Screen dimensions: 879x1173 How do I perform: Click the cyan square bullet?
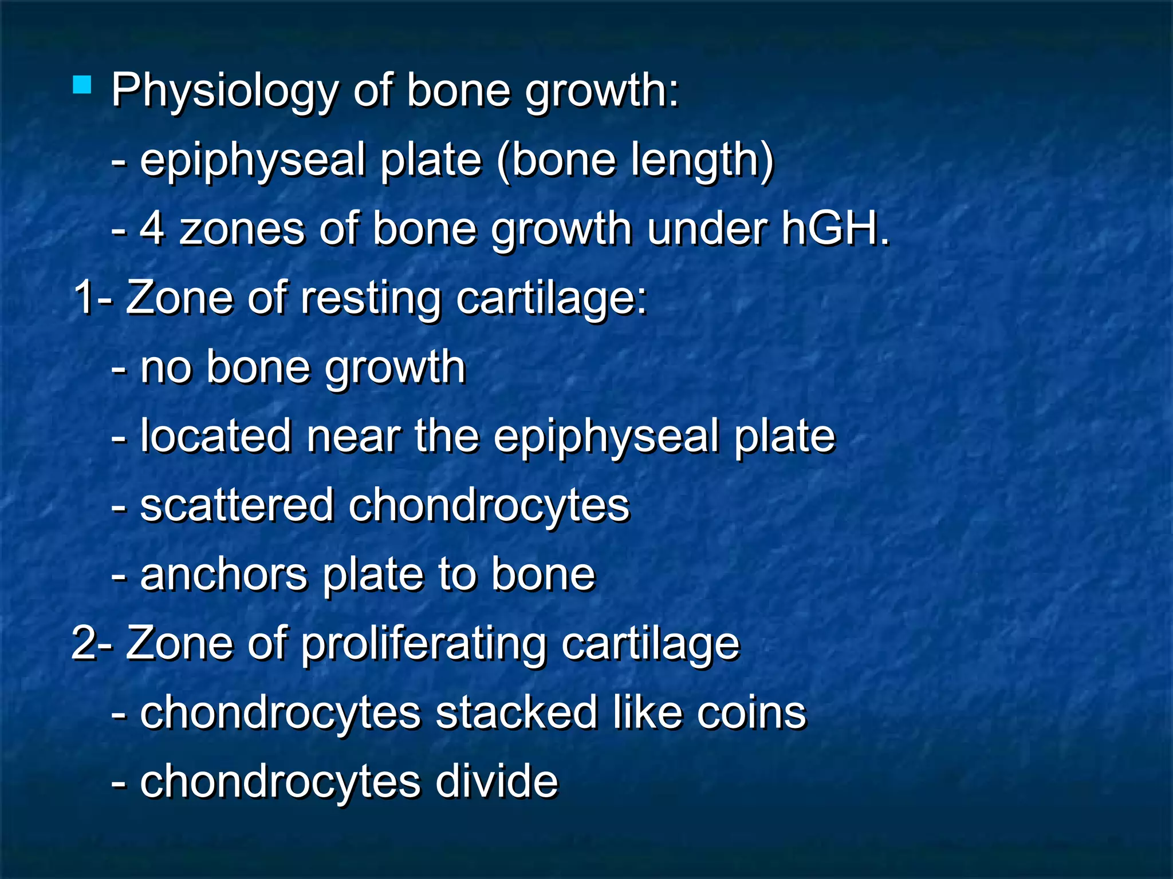[82, 85]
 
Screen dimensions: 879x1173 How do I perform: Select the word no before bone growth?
[166, 367]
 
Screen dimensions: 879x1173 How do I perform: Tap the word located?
[216, 437]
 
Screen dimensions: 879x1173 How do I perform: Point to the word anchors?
[224, 575]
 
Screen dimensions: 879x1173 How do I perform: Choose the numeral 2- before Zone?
[92, 644]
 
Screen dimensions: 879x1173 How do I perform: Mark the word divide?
[497, 782]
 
